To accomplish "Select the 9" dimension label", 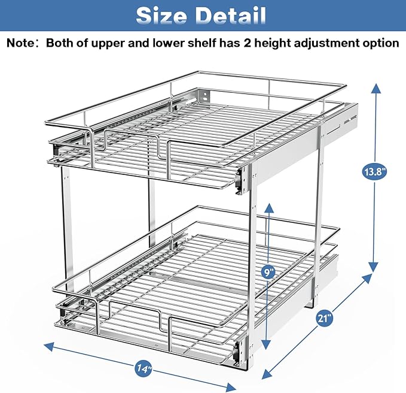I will pos(269,271).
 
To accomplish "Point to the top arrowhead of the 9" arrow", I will pos(269,207).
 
